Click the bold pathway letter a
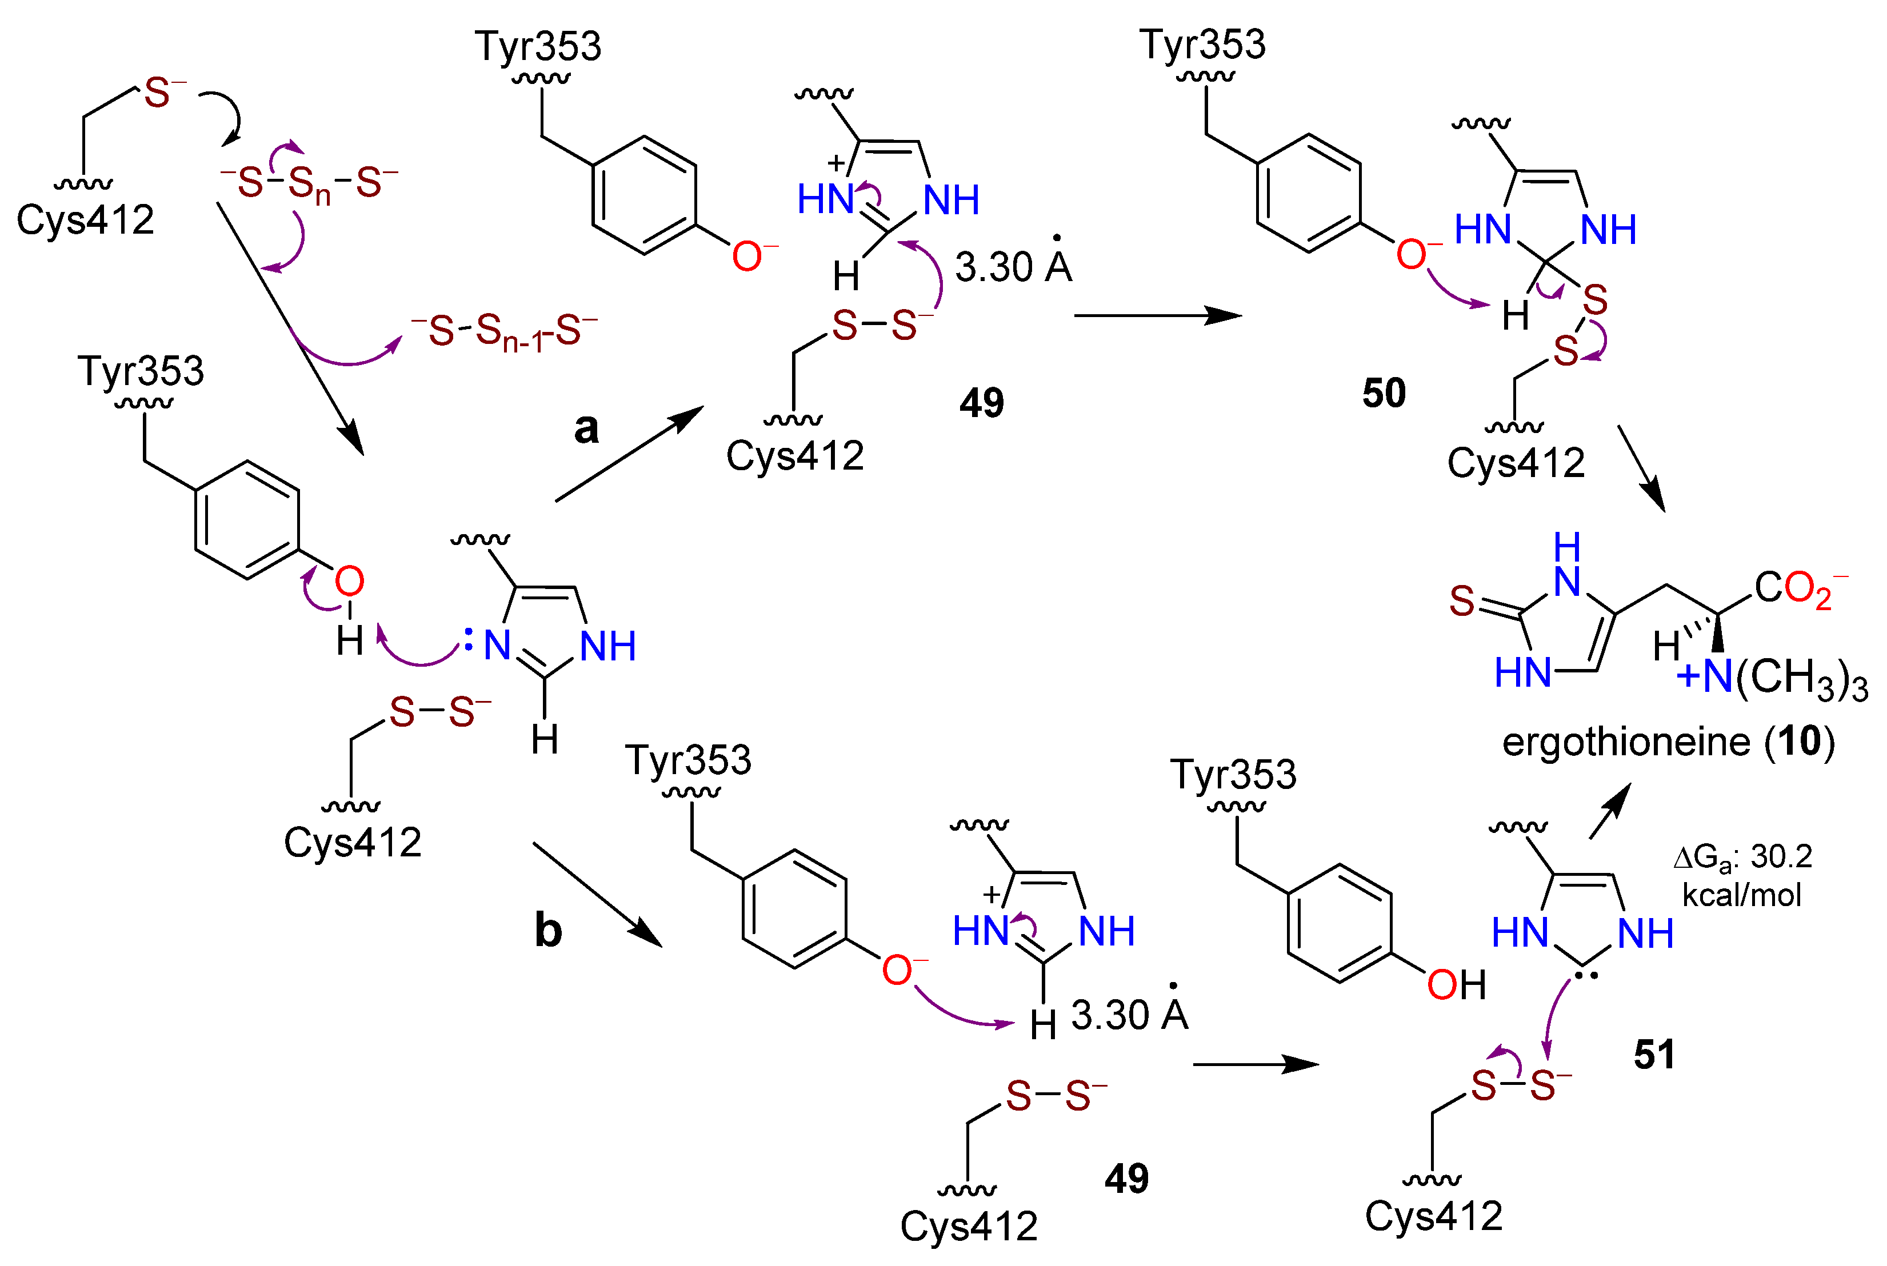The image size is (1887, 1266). pyautogui.click(x=586, y=428)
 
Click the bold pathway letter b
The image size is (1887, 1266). pyautogui.click(x=548, y=931)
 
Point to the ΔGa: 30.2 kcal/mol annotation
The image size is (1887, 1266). pyautogui.click(x=1742, y=875)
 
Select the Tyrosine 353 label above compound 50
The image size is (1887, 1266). pyautogui.click(x=1202, y=45)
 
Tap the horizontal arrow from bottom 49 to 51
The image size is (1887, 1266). pyautogui.click(x=1255, y=1064)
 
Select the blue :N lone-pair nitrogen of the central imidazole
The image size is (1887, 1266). pyautogui.click(x=491, y=645)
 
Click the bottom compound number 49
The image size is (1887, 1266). pyautogui.click(x=1126, y=1179)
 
